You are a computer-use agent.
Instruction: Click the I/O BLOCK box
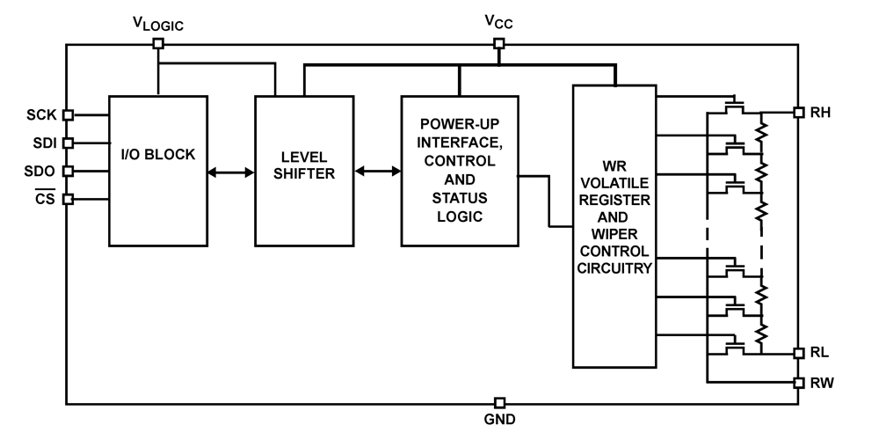pos(157,169)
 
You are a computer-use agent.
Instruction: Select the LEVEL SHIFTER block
pos(302,169)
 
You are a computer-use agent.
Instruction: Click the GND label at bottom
pos(499,420)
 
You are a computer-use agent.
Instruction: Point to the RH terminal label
pos(824,113)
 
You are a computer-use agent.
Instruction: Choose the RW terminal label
pos(824,383)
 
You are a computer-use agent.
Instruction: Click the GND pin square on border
pos(499,402)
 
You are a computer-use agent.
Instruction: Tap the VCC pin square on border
pos(498,42)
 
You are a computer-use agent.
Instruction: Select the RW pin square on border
pos(798,383)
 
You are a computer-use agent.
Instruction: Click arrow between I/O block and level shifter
pos(230,173)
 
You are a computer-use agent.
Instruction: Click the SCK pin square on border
pos(68,114)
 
